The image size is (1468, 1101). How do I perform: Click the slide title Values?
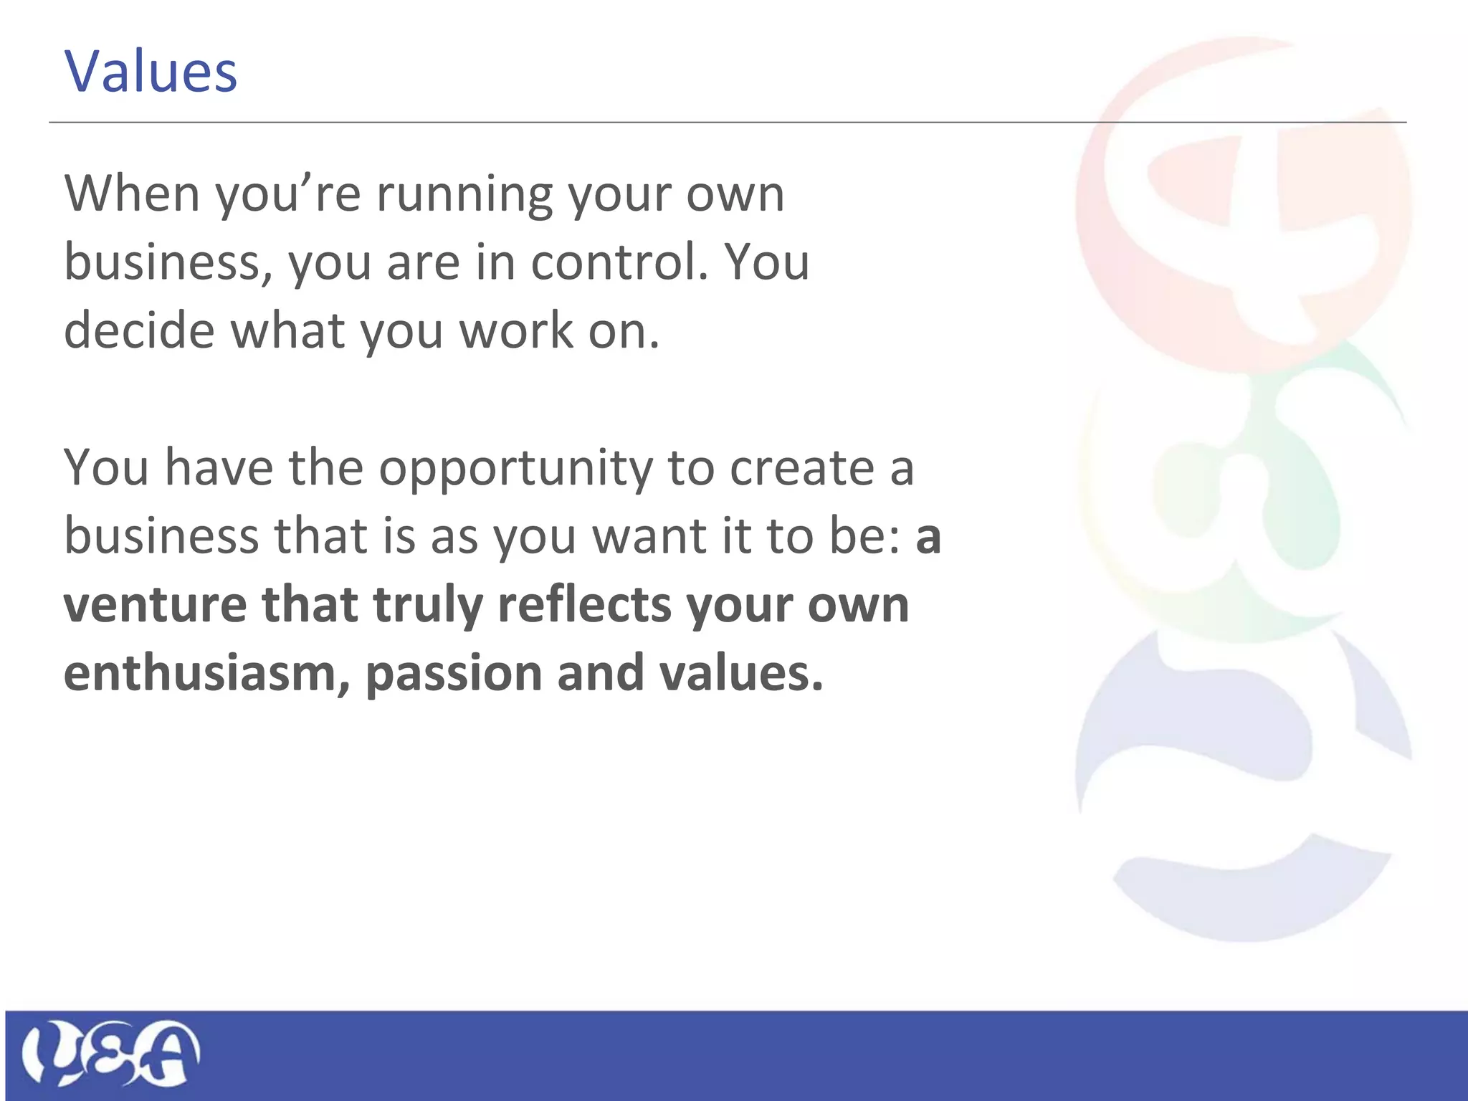(x=151, y=72)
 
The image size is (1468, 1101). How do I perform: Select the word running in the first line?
(x=464, y=195)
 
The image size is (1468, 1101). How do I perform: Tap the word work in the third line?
(x=516, y=330)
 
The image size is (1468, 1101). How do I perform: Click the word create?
(x=802, y=468)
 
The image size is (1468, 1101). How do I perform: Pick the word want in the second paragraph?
(x=649, y=536)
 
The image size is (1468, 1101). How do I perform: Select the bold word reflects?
(x=585, y=604)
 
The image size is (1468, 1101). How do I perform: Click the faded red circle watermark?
(x=1244, y=208)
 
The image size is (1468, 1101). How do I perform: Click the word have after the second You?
(x=219, y=467)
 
